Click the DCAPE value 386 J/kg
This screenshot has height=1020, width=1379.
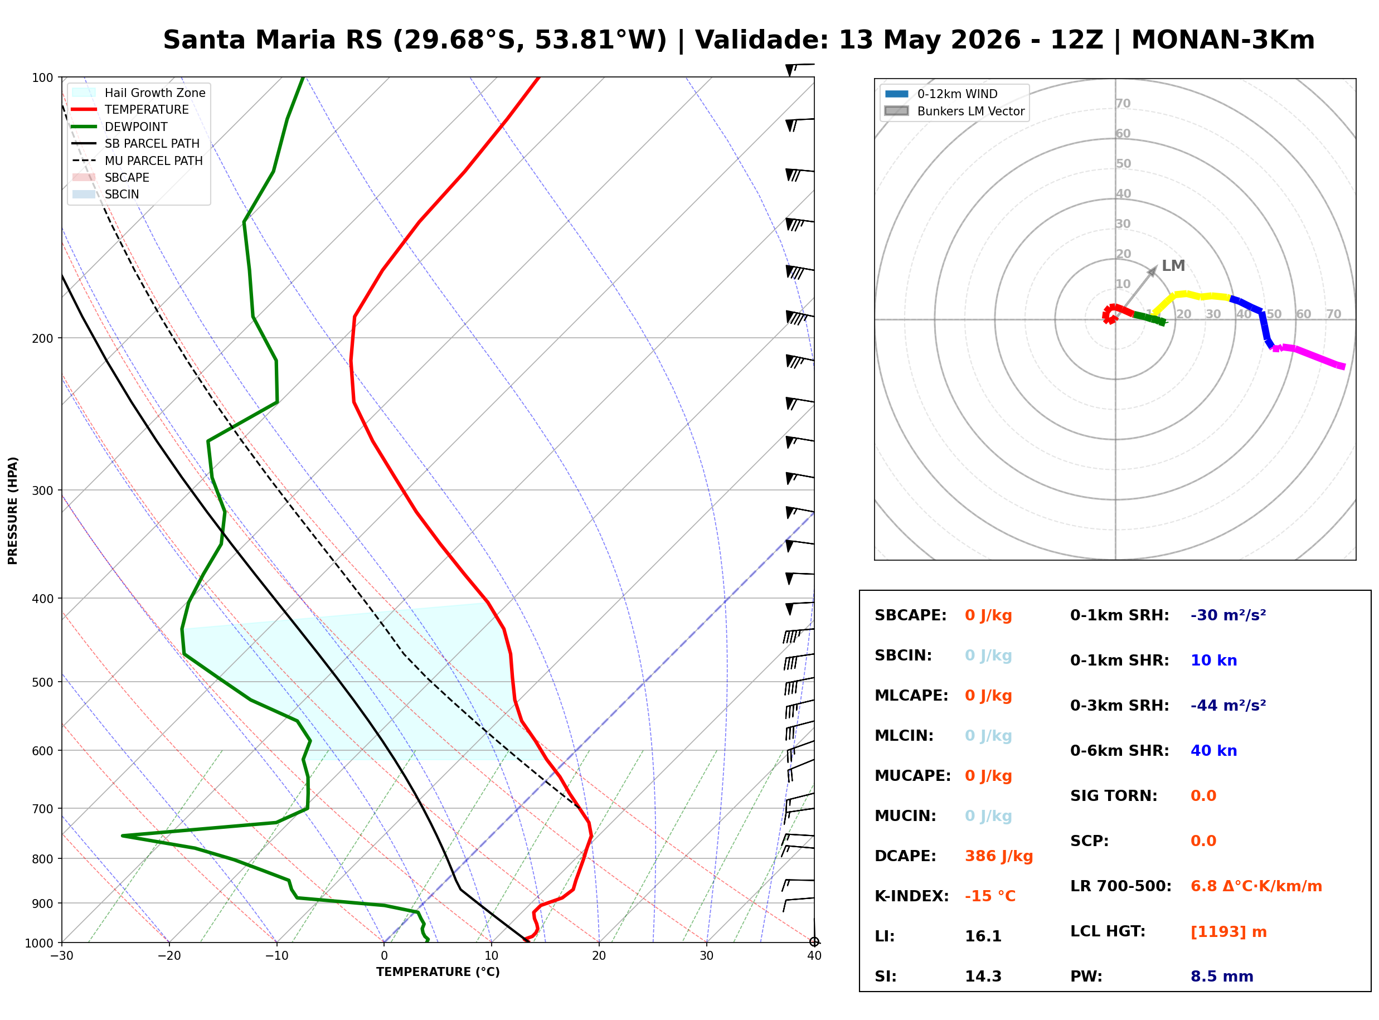[x=998, y=856]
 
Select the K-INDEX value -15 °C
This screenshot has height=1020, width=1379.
[x=989, y=896]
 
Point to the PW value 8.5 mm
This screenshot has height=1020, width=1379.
[x=1222, y=977]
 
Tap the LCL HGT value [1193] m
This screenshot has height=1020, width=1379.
[x=1229, y=932]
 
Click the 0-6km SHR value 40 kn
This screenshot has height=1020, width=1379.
[x=1213, y=751]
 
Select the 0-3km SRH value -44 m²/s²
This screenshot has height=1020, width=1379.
[x=1228, y=706]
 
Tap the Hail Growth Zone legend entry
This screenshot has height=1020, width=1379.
[x=139, y=93]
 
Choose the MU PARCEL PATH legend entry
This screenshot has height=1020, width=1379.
[x=138, y=161]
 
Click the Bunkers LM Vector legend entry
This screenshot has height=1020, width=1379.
[x=954, y=111]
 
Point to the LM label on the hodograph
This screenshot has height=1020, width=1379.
[x=1173, y=265]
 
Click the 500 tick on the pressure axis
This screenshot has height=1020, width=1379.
[x=42, y=682]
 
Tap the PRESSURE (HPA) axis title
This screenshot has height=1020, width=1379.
[x=13, y=511]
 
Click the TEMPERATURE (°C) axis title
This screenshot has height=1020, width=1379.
[x=438, y=972]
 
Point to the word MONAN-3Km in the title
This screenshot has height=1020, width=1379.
[x=1222, y=40]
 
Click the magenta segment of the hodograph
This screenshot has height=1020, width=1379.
[x=1309, y=356]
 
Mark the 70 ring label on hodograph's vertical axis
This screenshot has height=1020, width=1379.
[x=1123, y=103]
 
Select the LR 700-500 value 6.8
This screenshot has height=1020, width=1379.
[x=1203, y=887]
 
